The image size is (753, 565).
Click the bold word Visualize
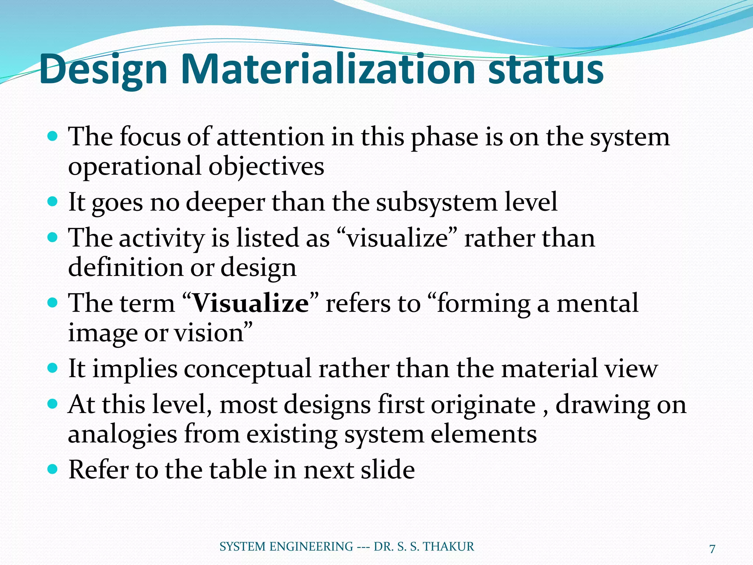click(x=251, y=303)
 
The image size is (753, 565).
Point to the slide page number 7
click(x=712, y=549)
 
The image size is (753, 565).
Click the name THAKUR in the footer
click(x=449, y=547)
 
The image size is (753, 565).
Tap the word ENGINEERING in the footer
click(x=311, y=547)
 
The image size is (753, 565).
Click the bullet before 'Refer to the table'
click(x=53, y=469)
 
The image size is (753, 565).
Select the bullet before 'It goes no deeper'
click(x=53, y=202)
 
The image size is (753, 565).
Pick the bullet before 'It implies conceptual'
click(x=53, y=368)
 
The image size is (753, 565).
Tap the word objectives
click(x=267, y=167)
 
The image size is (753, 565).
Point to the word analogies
click(x=122, y=434)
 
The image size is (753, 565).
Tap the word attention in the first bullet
click(x=271, y=137)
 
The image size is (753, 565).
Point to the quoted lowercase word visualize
click(x=397, y=238)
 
